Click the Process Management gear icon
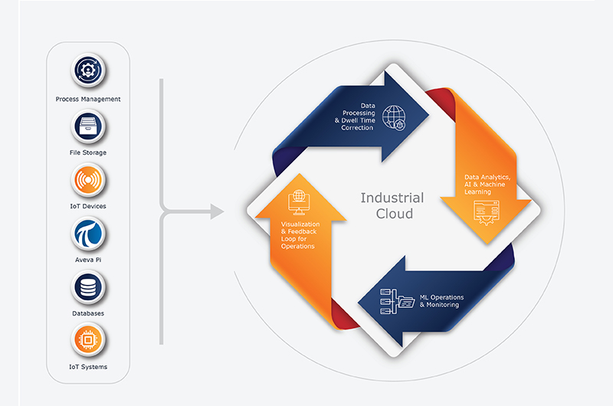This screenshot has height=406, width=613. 88,70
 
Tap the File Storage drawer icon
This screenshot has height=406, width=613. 88,126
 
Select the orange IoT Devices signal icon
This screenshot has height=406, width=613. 88,180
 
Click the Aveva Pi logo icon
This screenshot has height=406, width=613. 88,234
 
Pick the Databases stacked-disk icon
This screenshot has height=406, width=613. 88,287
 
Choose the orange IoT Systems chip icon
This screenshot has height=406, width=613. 88,340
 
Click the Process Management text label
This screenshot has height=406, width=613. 88,100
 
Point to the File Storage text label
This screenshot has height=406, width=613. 88,152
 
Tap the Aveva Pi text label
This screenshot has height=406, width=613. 88,260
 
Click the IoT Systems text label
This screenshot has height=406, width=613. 88,367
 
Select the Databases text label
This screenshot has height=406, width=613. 88,313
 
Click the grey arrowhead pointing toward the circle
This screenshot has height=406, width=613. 217,211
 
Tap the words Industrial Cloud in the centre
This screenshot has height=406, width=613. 392,205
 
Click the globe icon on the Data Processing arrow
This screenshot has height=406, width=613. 394,118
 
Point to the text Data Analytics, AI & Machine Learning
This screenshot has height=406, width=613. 487,185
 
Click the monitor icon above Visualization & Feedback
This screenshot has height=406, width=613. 299,202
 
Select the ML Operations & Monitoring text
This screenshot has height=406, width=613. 442,301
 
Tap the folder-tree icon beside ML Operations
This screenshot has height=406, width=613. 397,301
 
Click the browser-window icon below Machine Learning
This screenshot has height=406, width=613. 487,213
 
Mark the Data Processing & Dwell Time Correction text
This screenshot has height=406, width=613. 355,116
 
